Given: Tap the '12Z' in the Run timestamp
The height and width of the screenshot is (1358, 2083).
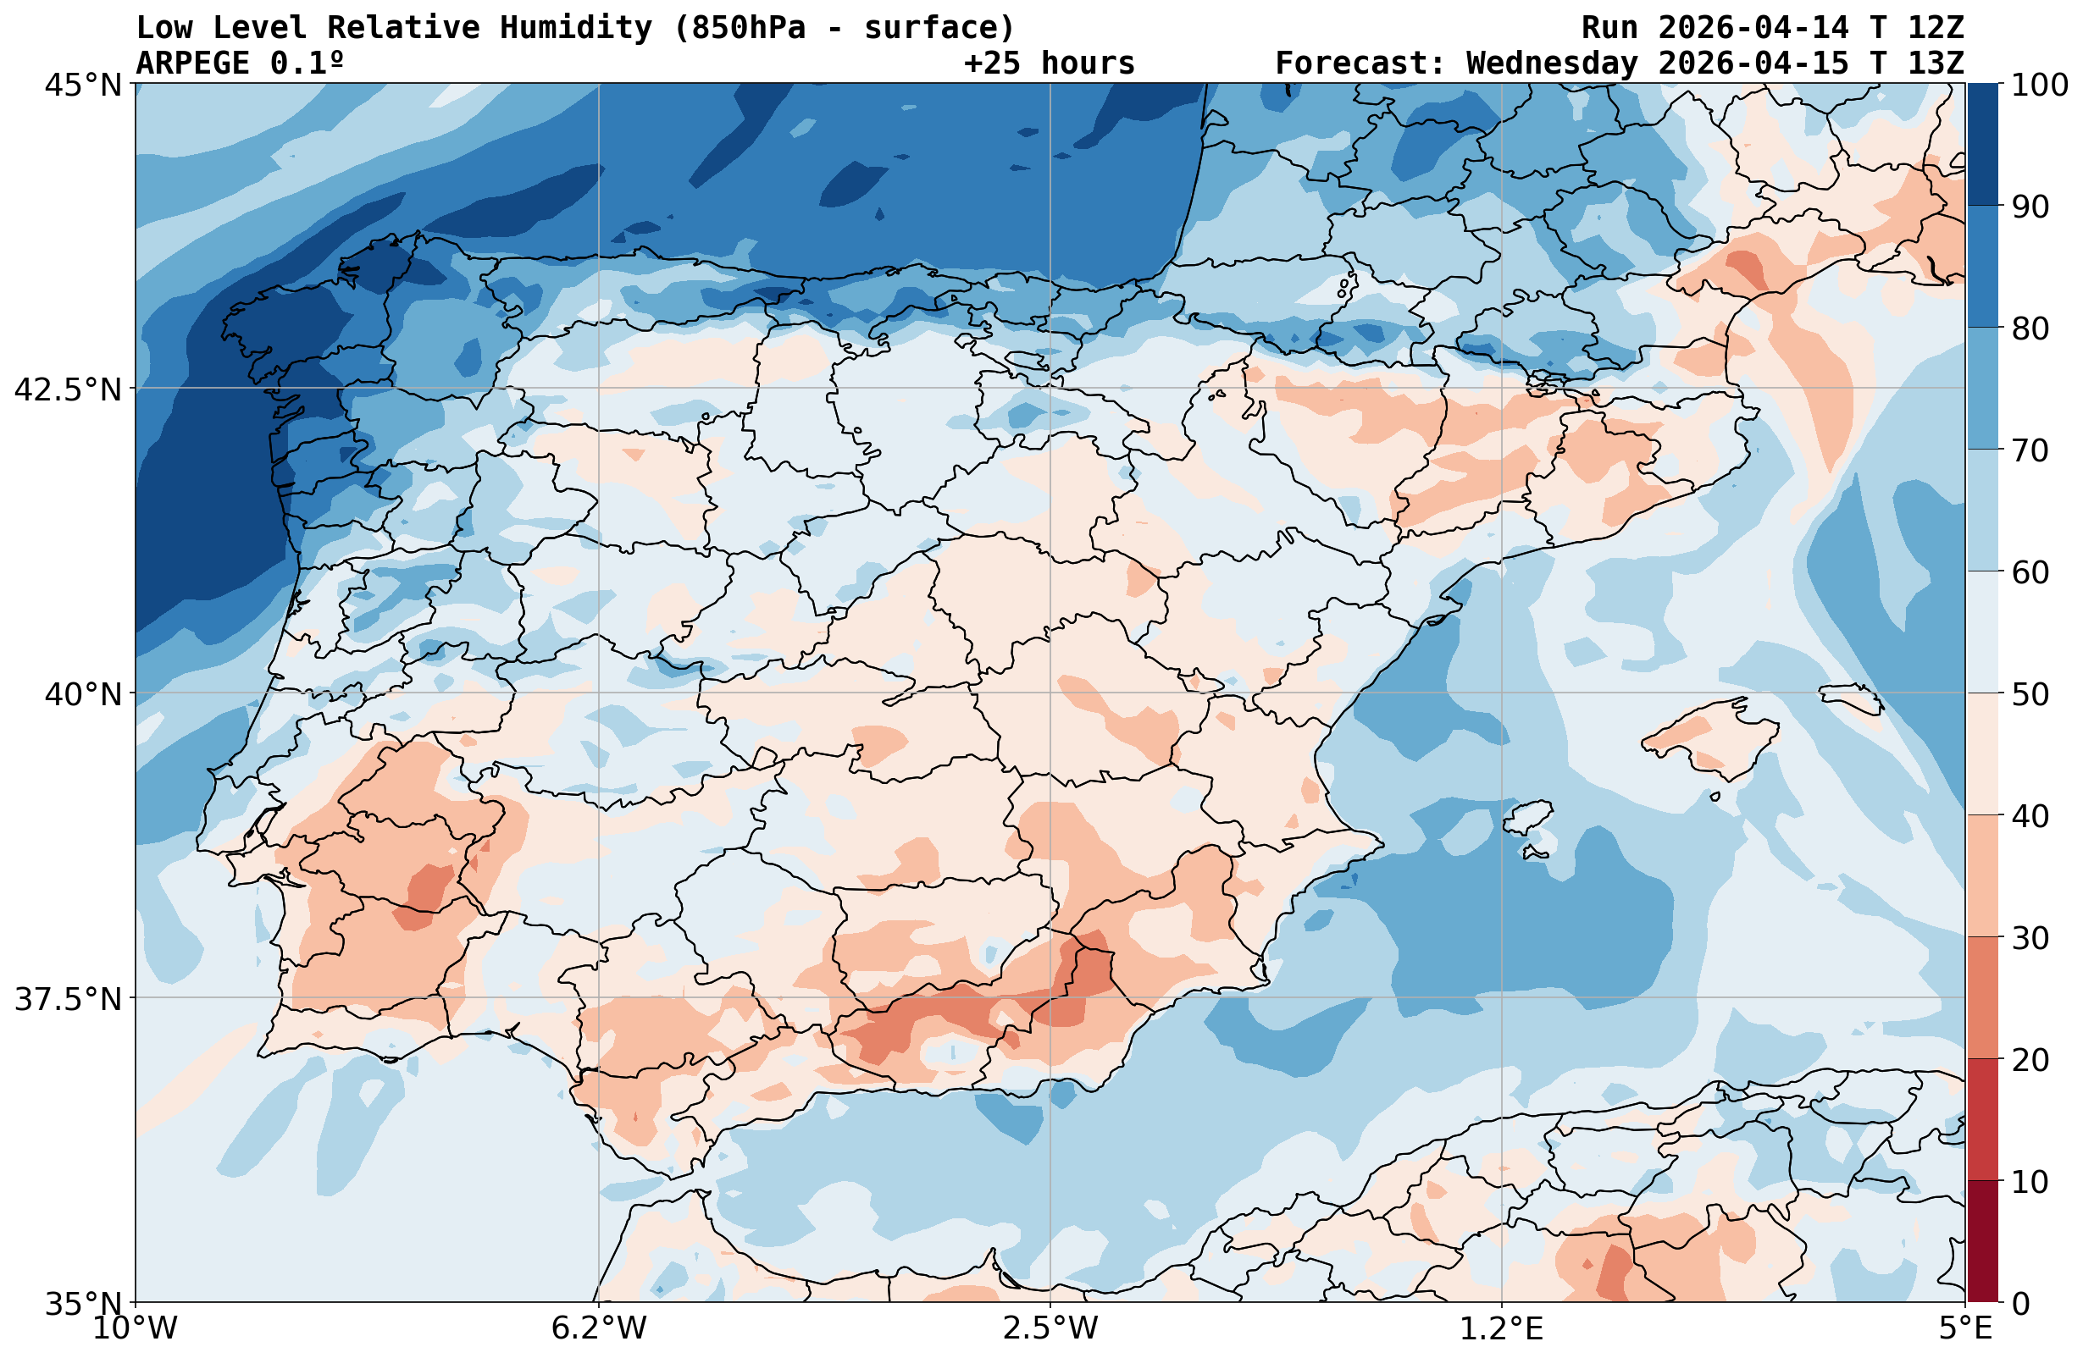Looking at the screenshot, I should click(x=1936, y=28).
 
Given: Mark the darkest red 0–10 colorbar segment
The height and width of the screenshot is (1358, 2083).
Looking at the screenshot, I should click(x=1982, y=1242).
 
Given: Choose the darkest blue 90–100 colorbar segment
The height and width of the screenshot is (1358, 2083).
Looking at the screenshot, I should click(x=1982, y=145).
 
